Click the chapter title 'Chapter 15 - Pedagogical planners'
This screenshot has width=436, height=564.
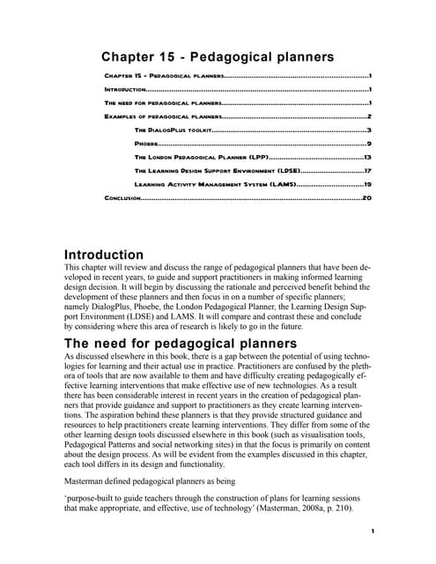(x=218, y=57)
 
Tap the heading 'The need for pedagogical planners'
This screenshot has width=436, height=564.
(x=174, y=344)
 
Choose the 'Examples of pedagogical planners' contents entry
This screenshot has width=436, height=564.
(x=162, y=115)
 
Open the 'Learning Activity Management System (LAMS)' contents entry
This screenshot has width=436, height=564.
(x=214, y=184)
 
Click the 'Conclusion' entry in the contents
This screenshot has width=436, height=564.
(x=122, y=198)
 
